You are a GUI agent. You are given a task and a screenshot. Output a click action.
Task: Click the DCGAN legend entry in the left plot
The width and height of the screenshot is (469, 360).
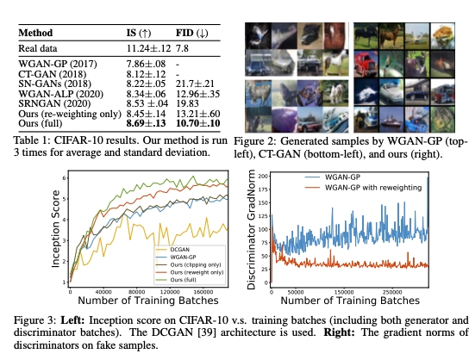pyautogui.click(x=170, y=249)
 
